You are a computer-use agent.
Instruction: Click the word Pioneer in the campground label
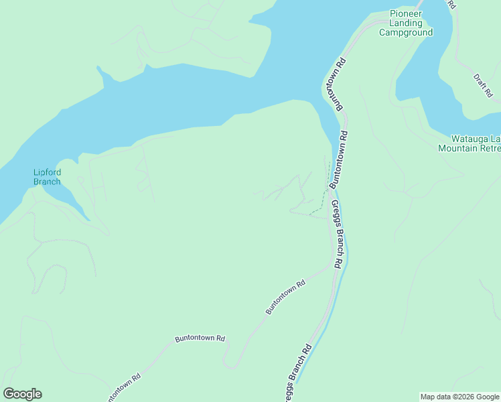tap(407, 13)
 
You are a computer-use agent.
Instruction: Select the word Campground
tap(406, 32)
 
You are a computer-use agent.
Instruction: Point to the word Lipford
tap(47, 172)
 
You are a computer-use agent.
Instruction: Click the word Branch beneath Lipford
tap(47, 182)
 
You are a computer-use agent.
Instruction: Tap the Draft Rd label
tap(482, 86)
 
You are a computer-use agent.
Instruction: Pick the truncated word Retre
tap(490, 148)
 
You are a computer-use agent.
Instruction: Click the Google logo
tap(22, 394)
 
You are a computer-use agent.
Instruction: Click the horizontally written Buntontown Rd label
tap(200, 339)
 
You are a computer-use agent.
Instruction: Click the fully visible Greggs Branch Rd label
tap(336, 235)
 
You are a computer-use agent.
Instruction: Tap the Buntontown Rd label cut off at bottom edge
tap(122, 387)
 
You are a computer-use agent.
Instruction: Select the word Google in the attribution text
tap(488, 397)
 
